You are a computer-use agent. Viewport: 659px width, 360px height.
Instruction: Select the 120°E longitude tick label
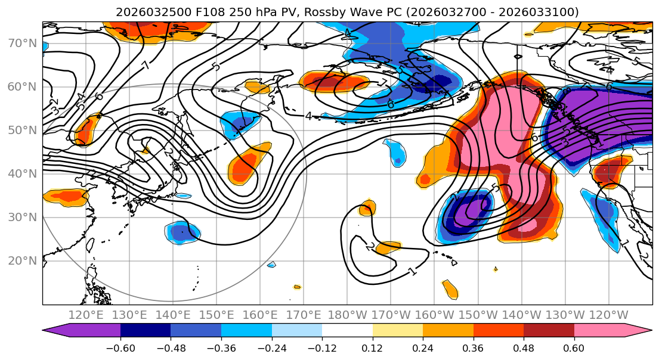pos(86,315)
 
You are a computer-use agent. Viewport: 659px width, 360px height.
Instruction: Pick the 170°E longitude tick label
pos(304,315)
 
